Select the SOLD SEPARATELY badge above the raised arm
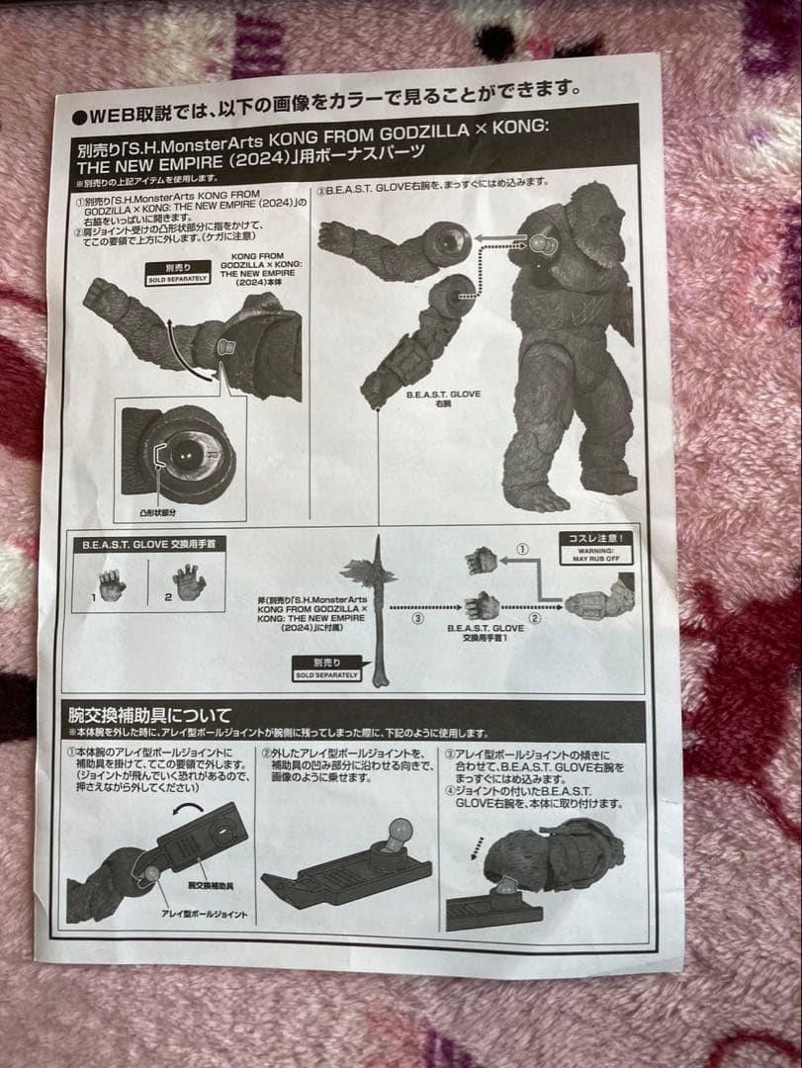tap(178, 272)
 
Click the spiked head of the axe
tap(368, 570)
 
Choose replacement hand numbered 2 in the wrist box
tap(187, 582)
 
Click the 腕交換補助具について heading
tap(151, 714)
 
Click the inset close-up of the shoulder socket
tap(178, 456)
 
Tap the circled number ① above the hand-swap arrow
tap(523, 548)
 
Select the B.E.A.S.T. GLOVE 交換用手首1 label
tap(485, 633)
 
